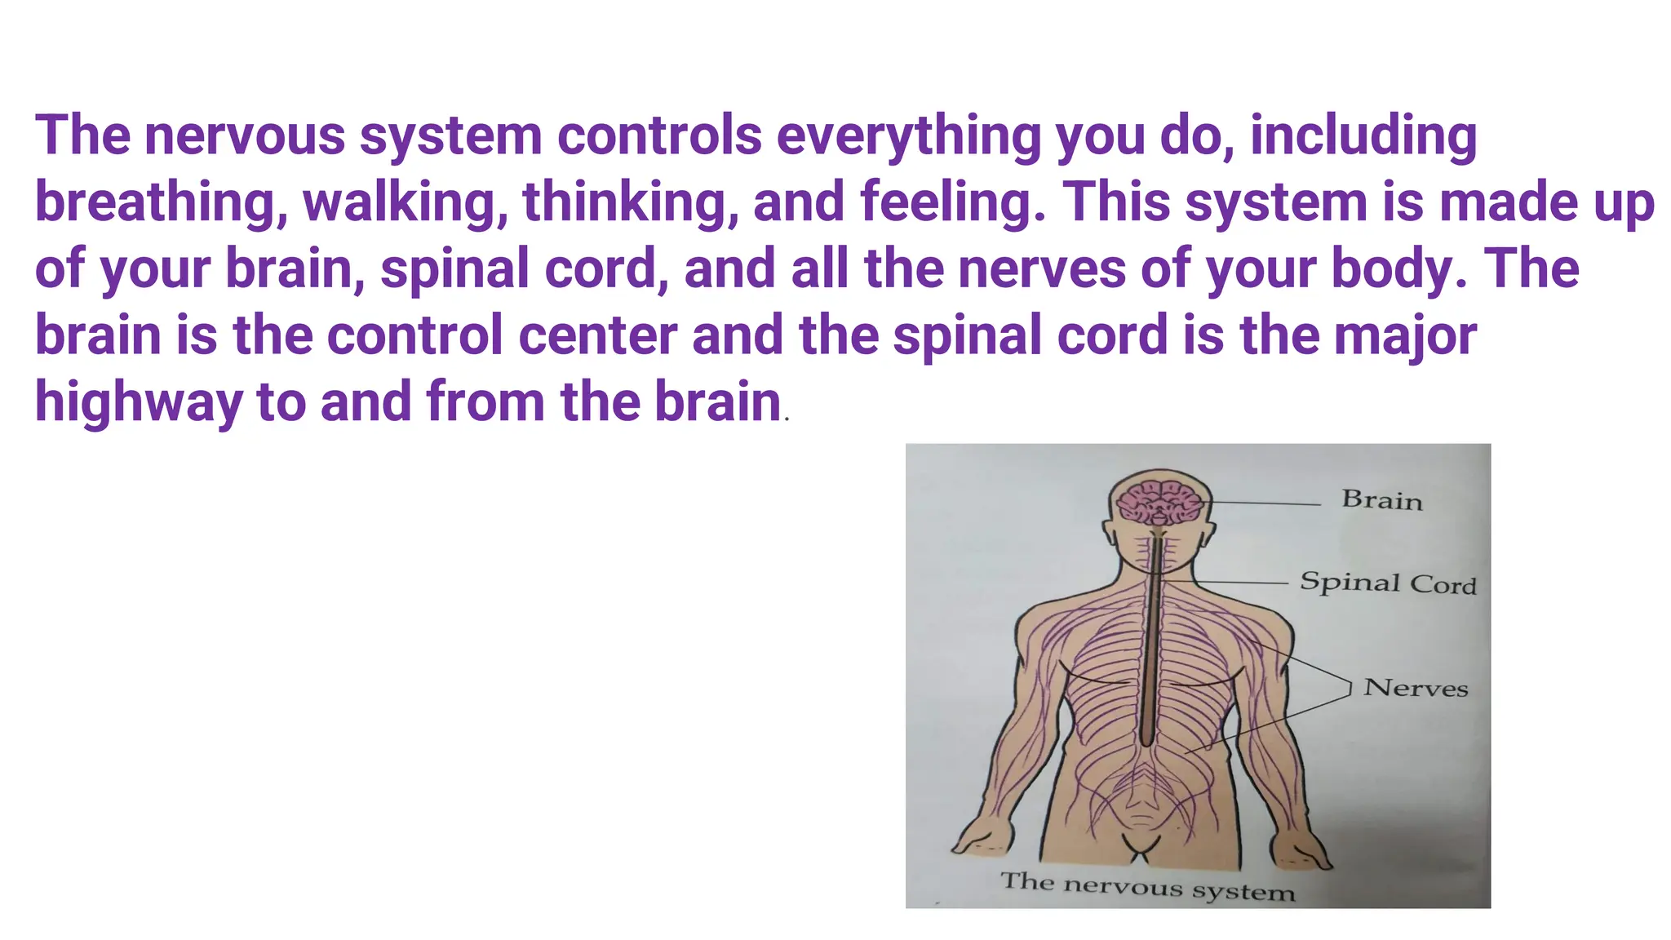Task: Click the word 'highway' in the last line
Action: (139, 403)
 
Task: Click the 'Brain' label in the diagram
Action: (1381, 499)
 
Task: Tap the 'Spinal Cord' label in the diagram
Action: (1388, 583)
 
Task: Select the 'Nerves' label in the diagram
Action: (1416, 688)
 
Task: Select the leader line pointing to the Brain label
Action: (1265, 503)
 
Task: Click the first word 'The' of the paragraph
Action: (82, 135)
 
